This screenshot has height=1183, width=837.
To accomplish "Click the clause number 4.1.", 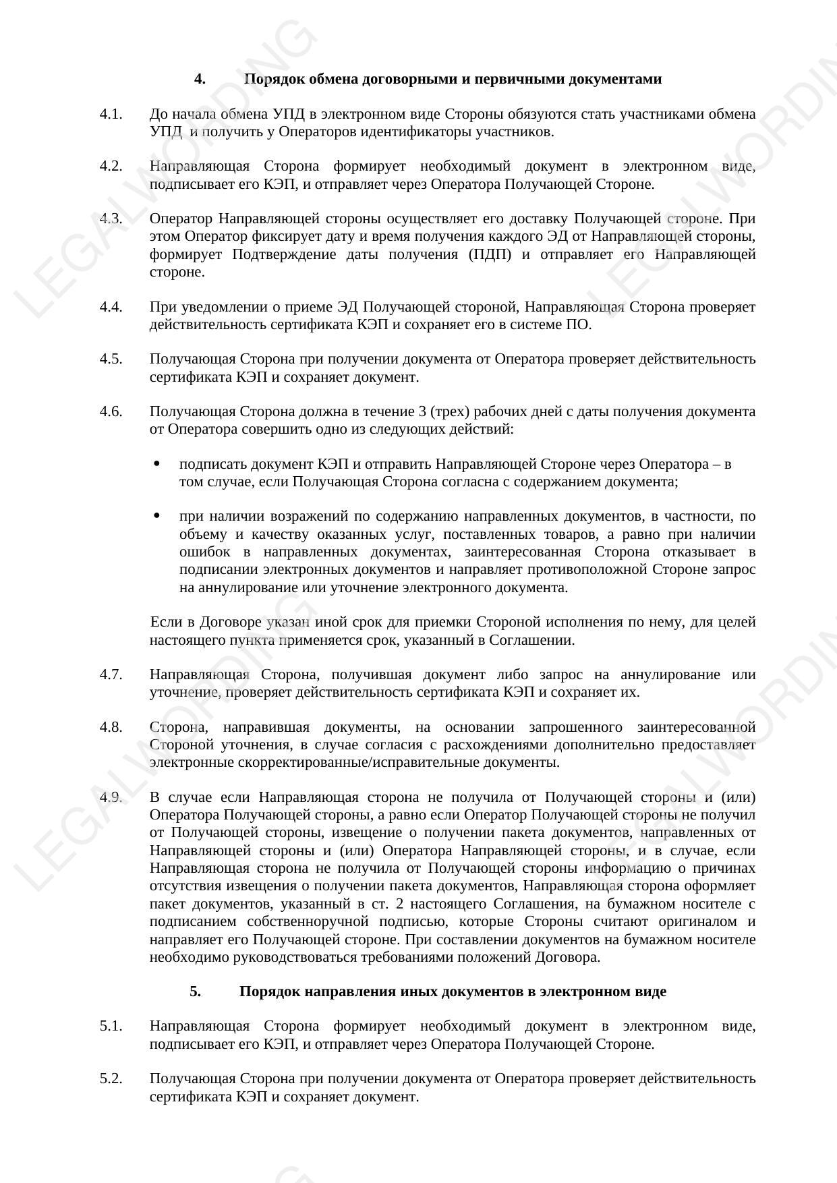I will coord(111,114).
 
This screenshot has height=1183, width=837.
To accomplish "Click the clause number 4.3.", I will coord(111,219).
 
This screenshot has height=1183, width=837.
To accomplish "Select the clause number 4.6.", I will coord(111,411).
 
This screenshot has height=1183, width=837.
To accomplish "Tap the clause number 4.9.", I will coord(111,797).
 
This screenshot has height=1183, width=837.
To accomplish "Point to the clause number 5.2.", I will coord(111,1078).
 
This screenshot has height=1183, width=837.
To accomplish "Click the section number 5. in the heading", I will coord(195,991).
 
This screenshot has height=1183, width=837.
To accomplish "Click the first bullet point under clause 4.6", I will coord(156,463).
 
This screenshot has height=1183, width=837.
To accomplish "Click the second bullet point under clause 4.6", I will coord(156,516).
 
